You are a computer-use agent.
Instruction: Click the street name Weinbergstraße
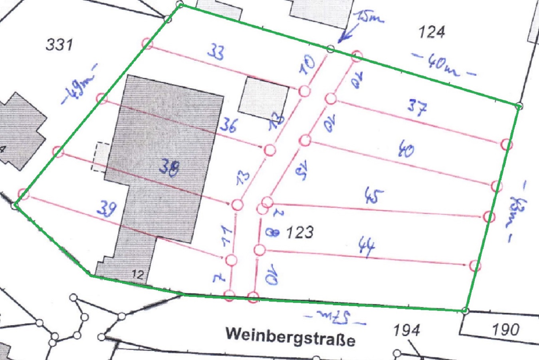click(290, 336)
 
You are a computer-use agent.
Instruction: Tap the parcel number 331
click(59, 44)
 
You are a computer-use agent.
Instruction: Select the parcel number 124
click(431, 32)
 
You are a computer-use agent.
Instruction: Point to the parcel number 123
click(300, 232)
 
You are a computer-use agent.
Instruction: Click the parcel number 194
click(406, 330)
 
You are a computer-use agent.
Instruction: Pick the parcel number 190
click(505, 330)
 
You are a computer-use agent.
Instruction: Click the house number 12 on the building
click(137, 274)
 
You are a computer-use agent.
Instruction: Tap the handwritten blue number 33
click(216, 52)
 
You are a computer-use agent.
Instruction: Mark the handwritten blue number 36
click(228, 125)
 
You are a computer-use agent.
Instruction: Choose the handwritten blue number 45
click(374, 196)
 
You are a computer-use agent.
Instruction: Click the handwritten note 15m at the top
click(370, 18)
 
